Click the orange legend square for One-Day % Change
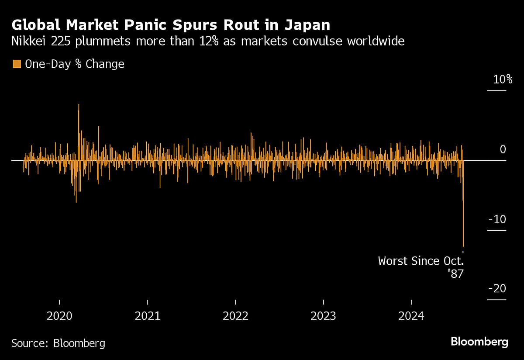click(x=17, y=64)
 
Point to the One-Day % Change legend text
click(x=74, y=64)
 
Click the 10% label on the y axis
click(x=497, y=80)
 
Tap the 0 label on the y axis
click(x=502, y=149)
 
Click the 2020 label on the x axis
click(x=59, y=316)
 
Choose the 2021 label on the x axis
click(x=148, y=316)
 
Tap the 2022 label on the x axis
click(x=235, y=316)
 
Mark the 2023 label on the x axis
click(x=323, y=316)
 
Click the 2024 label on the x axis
click(x=411, y=316)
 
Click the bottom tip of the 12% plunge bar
click(x=463, y=246)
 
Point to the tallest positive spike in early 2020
click(x=79, y=105)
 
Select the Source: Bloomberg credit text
click(x=58, y=343)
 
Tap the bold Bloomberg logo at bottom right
click(x=479, y=342)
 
